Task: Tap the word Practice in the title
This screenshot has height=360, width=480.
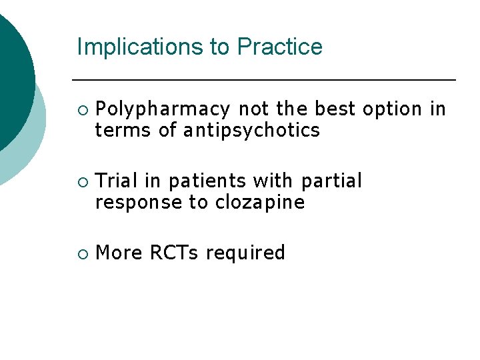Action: pos(280,47)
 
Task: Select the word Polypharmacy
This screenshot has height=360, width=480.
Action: pos(163,109)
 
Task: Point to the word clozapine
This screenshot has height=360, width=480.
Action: pos(260,202)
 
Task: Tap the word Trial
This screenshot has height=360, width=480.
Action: pos(117,181)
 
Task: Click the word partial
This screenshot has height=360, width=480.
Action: pos(331,181)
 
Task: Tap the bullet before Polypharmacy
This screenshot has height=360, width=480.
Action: pos(81,109)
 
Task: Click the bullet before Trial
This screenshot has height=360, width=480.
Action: pos(81,181)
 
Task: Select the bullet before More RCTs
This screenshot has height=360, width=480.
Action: pos(81,253)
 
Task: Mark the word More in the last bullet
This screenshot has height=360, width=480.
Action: pos(120,253)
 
